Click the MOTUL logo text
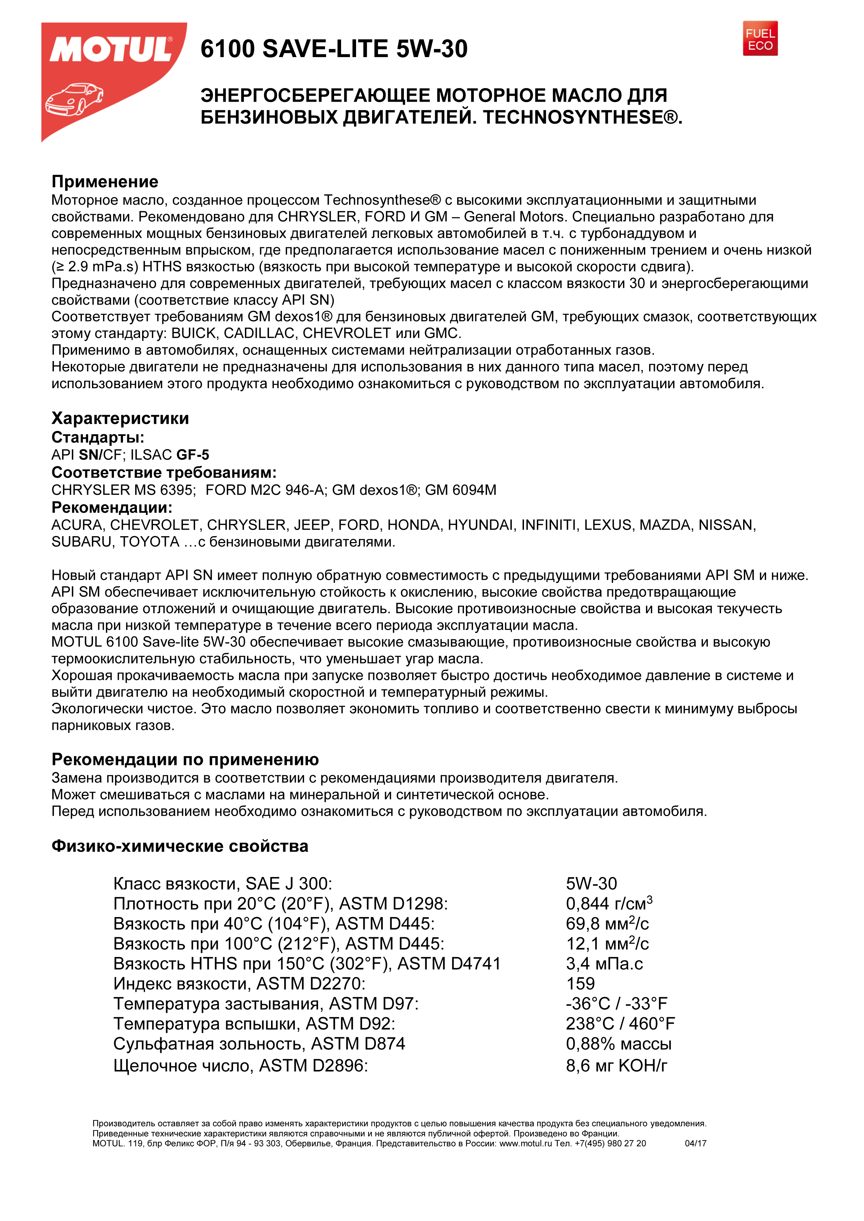[x=111, y=50]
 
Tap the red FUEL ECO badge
[x=760, y=39]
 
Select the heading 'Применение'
[x=105, y=182]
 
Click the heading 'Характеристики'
[x=120, y=418]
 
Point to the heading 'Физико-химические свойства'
[x=180, y=846]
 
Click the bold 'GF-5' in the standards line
[x=193, y=455]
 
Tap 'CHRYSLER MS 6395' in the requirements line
[x=123, y=490]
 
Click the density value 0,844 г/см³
[x=609, y=903]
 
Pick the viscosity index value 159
[x=580, y=984]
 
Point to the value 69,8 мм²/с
[x=607, y=924]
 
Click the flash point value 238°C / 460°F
[x=620, y=1024]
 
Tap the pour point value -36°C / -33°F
[x=616, y=1003]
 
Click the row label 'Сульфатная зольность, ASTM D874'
[x=259, y=1044]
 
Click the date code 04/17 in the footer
[x=695, y=1143]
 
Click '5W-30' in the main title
[x=431, y=49]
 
